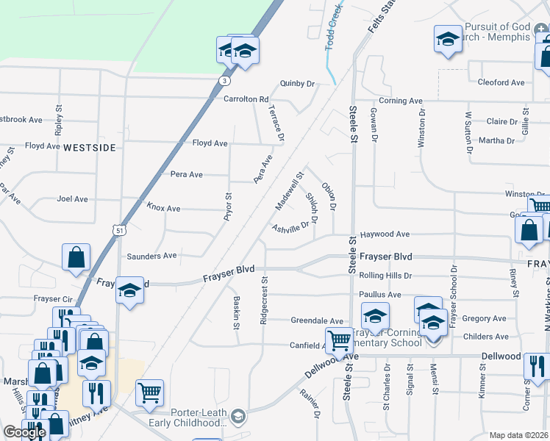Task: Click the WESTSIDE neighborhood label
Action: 90,148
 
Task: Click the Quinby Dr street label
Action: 297,84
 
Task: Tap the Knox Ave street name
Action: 163,209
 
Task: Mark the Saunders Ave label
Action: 152,256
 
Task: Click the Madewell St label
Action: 289,189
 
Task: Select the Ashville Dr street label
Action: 293,229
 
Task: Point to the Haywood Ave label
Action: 385,234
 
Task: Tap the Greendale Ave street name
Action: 317,321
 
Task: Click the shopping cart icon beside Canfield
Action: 339,341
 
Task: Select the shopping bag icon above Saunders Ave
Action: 76,258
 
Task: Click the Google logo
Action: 24,432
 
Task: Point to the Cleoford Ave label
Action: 501,82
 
